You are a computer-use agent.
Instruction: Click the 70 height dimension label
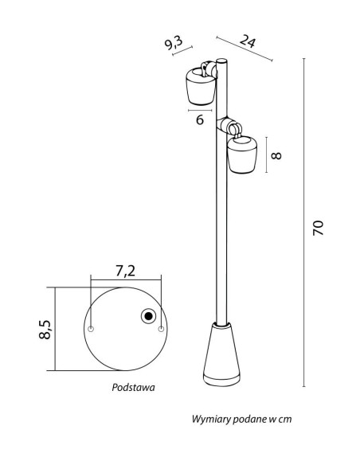[318, 228]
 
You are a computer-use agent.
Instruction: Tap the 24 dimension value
[248, 41]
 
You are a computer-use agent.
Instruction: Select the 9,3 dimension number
[174, 43]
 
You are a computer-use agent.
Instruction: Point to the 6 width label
[200, 119]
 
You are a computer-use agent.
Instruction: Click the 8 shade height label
[276, 155]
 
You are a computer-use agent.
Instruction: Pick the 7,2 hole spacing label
[125, 271]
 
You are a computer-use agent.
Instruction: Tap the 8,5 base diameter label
[45, 330]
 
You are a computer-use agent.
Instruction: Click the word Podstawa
[133, 387]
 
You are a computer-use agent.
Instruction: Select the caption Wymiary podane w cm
[241, 419]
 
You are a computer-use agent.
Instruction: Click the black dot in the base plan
[149, 316]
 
